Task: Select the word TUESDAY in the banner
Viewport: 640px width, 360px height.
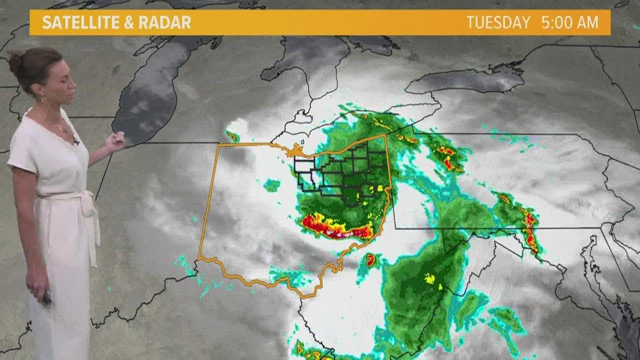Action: [498, 22]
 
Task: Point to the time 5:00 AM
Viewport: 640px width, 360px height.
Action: [569, 22]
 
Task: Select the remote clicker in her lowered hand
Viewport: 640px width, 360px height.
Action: [46, 298]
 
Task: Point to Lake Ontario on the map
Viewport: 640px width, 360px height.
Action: [465, 80]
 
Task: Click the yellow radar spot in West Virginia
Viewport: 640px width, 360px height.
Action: [429, 278]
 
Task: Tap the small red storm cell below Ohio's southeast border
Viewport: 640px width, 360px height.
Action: [370, 259]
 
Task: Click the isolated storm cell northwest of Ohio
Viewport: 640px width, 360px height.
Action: [232, 135]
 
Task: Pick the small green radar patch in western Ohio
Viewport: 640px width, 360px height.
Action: [272, 185]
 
